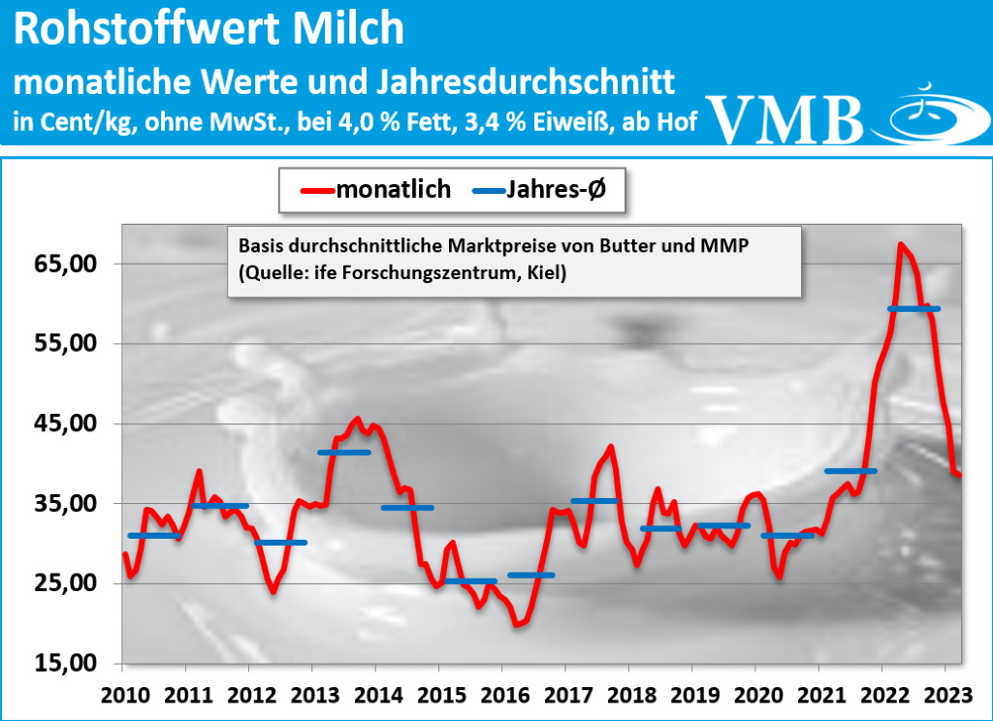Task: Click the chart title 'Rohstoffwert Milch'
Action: tap(209, 30)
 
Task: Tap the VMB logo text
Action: tap(786, 118)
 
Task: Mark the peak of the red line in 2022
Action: tap(901, 244)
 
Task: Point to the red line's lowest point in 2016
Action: tap(517, 625)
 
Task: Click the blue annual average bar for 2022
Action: tap(913, 308)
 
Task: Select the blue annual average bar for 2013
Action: tap(344, 453)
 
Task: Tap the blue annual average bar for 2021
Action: tap(850, 471)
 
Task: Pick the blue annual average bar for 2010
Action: tap(154, 535)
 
